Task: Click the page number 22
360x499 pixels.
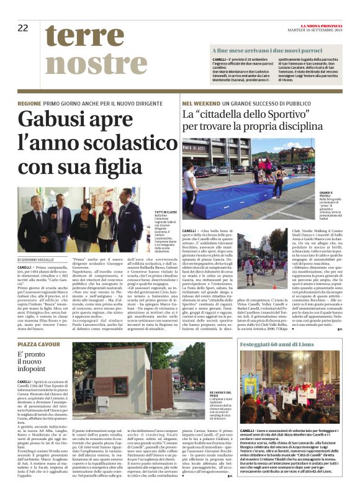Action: click(23, 27)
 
